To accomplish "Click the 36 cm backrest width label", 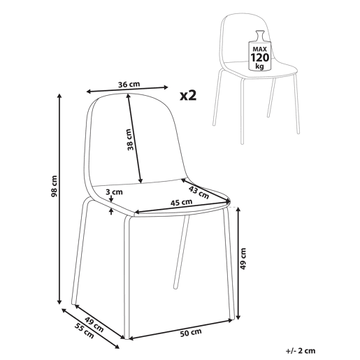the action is click(x=129, y=84).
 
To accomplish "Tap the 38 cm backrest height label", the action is click(x=131, y=139).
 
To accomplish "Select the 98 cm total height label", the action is click(x=54, y=186).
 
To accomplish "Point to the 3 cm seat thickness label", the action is click(x=114, y=192).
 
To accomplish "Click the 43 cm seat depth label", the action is click(x=199, y=192).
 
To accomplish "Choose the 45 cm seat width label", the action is click(x=182, y=202).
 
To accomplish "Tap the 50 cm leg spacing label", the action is click(x=191, y=333).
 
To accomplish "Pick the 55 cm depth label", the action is click(x=85, y=331).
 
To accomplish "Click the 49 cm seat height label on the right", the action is click(x=243, y=259).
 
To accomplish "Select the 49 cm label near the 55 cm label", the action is click(x=94, y=324).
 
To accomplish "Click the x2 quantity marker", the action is click(x=188, y=96).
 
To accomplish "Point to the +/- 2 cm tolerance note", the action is click(x=301, y=351).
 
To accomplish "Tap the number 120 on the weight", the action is click(x=260, y=57).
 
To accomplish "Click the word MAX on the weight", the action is click(x=260, y=49).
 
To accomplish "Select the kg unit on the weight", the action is click(x=259, y=66).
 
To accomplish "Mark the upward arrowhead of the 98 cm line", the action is click(x=59, y=96).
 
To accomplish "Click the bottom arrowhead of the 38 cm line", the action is click(x=141, y=180).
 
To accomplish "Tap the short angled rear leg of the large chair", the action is click(x=181, y=252).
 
